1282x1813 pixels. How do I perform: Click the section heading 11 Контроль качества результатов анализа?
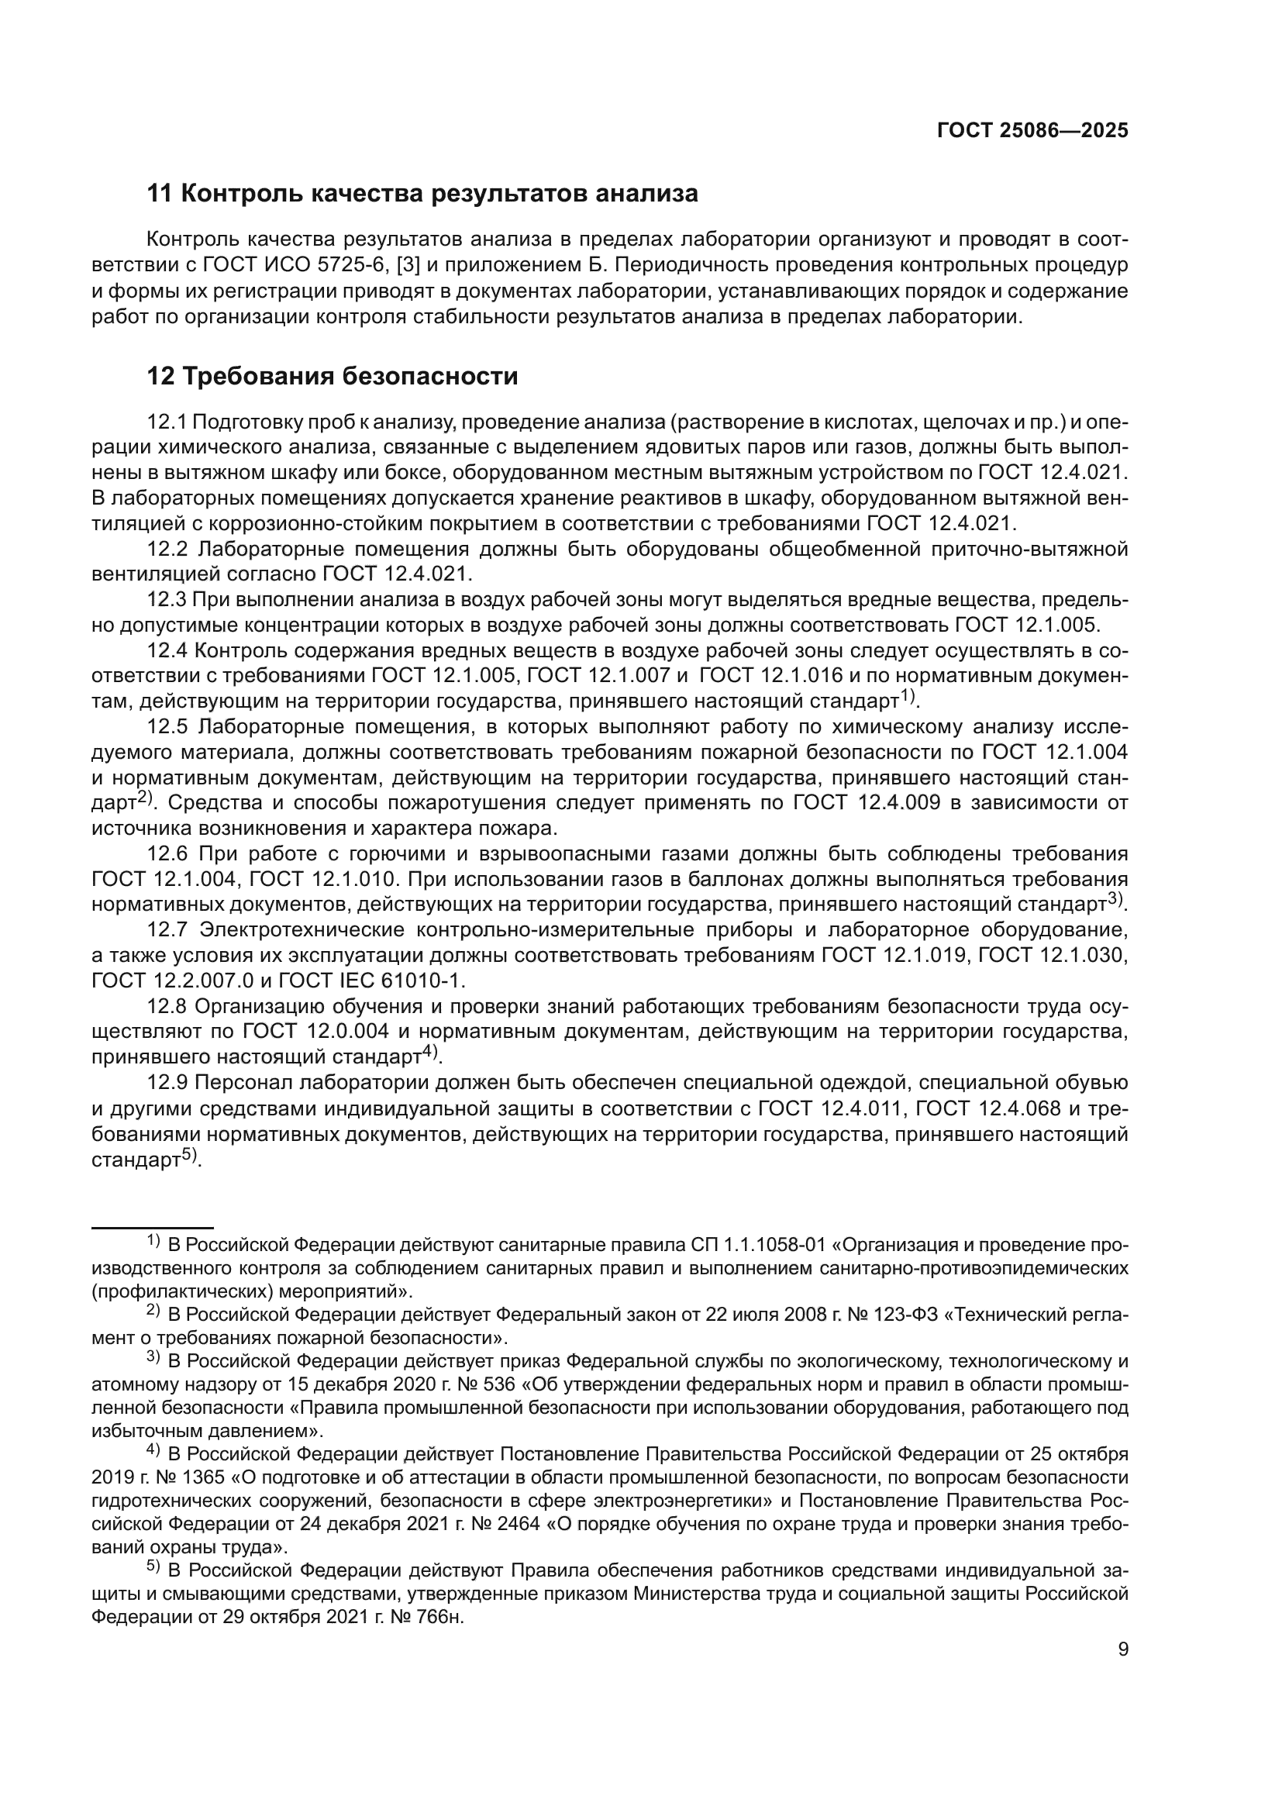[x=422, y=194]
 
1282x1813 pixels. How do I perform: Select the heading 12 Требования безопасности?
[x=333, y=377]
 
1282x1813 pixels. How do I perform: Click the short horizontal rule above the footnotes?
[x=153, y=1228]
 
